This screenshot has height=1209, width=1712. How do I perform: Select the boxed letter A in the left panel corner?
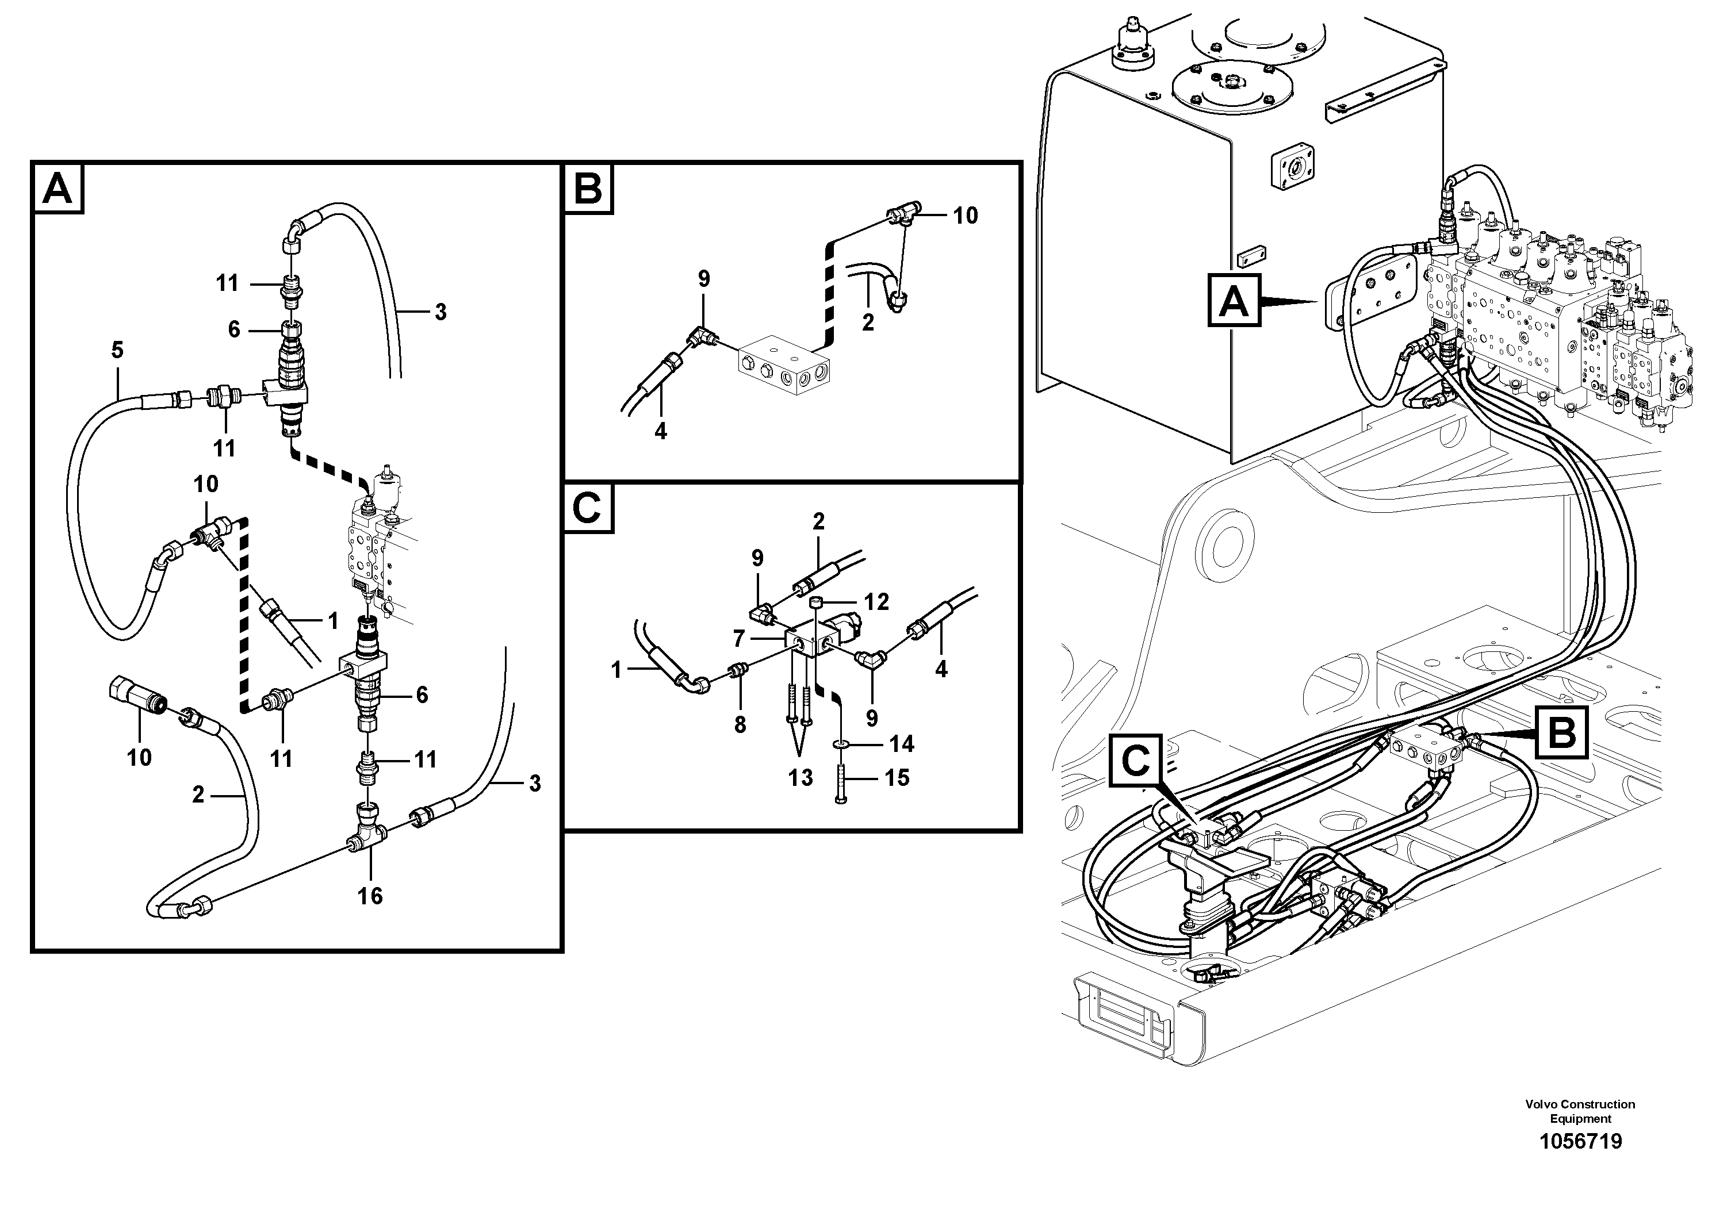click(x=58, y=189)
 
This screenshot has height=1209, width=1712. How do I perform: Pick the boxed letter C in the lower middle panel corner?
click(x=588, y=509)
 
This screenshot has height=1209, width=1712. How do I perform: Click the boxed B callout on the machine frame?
click(x=1561, y=733)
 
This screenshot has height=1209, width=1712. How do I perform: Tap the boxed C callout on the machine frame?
click(x=1135, y=760)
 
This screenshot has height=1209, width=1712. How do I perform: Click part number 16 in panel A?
click(x=370, y=895)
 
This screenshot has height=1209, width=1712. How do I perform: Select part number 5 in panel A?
click(x=117, y=350)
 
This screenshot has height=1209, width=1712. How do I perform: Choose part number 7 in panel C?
click(x=739, y=639)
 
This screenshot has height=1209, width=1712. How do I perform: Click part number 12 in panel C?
click(x=876, y=601)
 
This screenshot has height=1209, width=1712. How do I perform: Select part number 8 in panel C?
click(x=740, y=724)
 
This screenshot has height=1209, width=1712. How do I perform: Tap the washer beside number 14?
click(x=841, y=744)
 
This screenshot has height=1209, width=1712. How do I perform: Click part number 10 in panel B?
click(x=965, y=216)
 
